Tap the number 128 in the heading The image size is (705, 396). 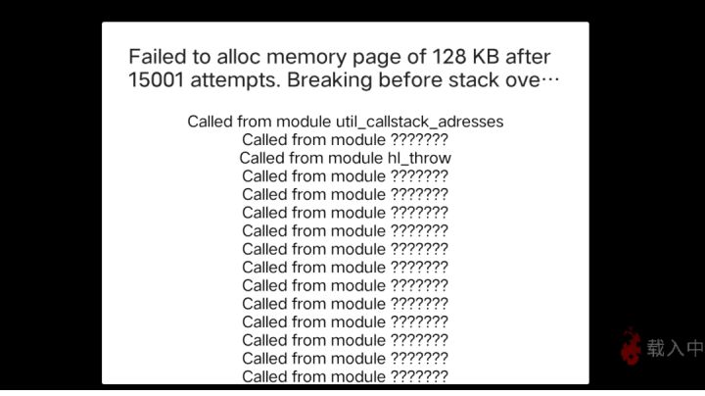[448, 57]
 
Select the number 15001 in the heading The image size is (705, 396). [157, 80]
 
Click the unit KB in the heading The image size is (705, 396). [486, 57]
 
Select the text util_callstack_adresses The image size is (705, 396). [419, 122]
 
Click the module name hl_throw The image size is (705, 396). [419, 158]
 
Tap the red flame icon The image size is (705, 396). [631, 346]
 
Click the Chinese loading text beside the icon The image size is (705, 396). [676, 347]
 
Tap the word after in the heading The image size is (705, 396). [528, 57]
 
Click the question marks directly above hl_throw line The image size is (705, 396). [419, 139]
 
